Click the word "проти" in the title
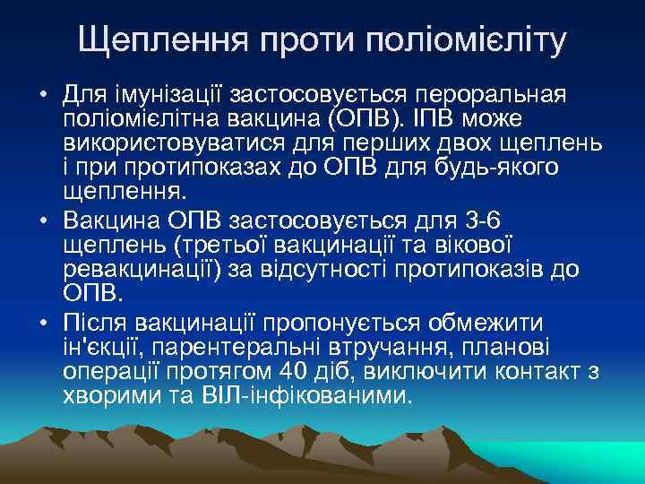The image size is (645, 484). click(x=302, y=41)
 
